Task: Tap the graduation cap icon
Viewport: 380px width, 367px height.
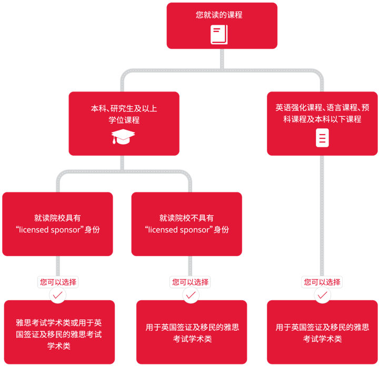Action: coord(123,137)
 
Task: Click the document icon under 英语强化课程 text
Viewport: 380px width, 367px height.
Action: coord(322,138)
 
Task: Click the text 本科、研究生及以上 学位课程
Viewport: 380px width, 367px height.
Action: coord(124,114)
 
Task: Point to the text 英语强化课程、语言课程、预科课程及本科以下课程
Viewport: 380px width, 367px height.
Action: coord(322,113)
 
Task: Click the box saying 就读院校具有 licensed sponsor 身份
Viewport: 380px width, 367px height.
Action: coord(57,224)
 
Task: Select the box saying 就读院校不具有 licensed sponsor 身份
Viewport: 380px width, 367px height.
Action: coord(187,224)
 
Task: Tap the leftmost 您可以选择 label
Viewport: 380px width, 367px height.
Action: coord(58,282)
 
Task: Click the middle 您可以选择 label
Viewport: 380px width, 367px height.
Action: coord(191,282)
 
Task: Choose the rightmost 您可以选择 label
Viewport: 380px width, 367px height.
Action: coord(322,282)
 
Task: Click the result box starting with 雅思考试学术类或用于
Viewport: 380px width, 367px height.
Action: coord(59,332)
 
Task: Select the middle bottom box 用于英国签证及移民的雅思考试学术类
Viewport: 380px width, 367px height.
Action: coord(192,332)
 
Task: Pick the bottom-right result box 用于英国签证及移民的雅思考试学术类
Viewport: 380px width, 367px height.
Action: coord(322,332)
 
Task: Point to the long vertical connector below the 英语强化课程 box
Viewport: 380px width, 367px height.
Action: coord(322,216)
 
